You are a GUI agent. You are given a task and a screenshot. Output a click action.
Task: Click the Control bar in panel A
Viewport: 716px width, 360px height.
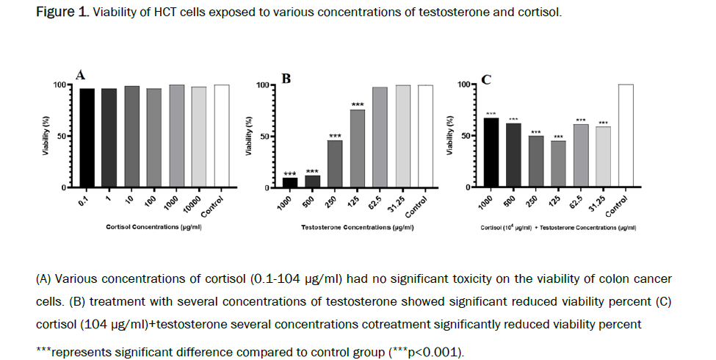tap(221, 137)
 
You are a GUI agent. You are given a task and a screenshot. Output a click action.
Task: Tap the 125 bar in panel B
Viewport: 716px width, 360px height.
tap(358, 148)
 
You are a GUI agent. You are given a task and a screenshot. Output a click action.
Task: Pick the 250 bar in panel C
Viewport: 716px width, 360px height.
tap(537, 162)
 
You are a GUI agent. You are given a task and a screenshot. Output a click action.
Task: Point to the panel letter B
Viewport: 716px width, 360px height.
tap(286, 78)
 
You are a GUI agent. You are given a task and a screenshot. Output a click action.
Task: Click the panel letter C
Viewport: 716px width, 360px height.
tap(485, 79)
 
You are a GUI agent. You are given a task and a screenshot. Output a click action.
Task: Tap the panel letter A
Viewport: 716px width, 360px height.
tap(82, 73)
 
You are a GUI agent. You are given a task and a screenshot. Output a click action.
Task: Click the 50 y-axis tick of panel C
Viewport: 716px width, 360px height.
tap(463, 136)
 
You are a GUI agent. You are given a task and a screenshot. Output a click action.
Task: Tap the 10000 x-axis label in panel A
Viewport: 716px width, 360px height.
tap(192, 204)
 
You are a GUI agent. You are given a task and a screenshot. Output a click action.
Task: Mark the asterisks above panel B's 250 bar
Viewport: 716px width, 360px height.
tap(336, 136)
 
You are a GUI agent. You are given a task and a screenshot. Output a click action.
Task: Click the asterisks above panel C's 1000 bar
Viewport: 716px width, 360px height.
tap(492, 114)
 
